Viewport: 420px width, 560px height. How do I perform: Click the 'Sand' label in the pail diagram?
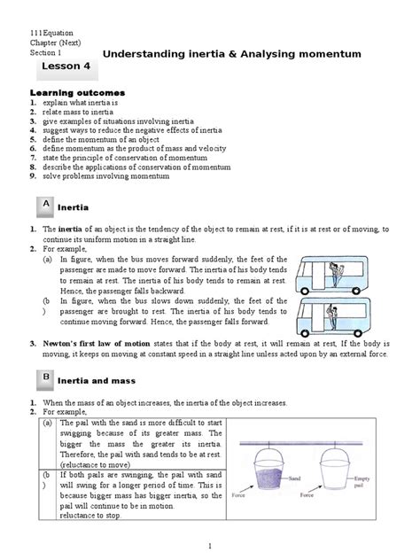click(x=299, y=474)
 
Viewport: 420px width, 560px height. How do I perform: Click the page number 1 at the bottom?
click(x=210, y=547)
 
